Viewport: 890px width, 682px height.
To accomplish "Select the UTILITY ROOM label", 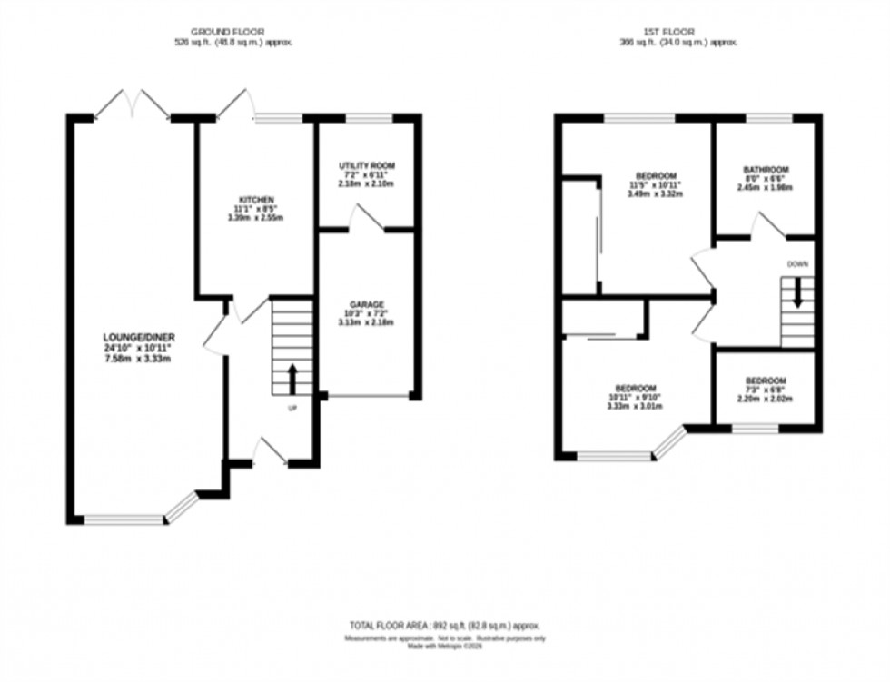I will [363, 165].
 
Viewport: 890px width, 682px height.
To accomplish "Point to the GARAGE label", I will [368, 304].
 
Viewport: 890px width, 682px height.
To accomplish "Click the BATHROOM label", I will [766, 169].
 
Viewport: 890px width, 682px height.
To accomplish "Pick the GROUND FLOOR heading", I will [233, 30].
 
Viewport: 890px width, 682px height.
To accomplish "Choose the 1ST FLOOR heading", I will [672, 30].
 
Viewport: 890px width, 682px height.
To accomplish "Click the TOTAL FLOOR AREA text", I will [445, 625].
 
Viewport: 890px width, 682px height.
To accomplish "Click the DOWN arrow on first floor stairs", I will [797, 293].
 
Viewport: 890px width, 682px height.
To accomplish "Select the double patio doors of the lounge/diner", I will [133, 104].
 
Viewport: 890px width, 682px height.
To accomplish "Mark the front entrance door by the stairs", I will [271, 451].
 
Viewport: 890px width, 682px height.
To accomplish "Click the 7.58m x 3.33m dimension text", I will [137, 359].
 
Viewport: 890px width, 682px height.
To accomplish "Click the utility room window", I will [369, 117].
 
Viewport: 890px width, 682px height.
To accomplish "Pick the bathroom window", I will [769, 117].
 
